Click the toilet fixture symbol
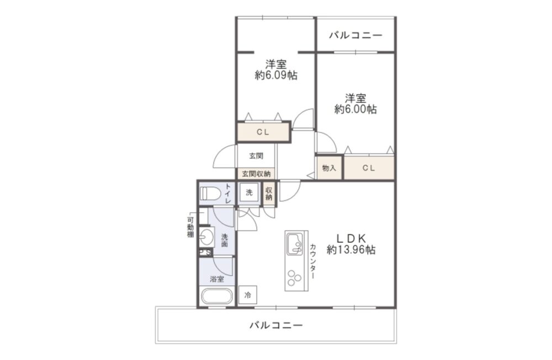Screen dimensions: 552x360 (210, 193)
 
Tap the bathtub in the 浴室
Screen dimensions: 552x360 (217, 297)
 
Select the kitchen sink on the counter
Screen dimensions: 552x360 (295, 243)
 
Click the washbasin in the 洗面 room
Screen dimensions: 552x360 (206, 236)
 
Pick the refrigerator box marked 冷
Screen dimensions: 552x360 (248, 294)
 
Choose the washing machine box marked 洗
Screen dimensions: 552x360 (250, 192)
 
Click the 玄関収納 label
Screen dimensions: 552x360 (256, 174)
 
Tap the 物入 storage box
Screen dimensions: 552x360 (329, 168)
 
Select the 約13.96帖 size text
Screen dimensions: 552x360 (351, 250)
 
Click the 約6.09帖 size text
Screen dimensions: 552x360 (276, 75)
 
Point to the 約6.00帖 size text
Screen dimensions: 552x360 (355, 109)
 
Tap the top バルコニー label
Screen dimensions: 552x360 (355, 35)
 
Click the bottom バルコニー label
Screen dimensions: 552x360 (276, 325)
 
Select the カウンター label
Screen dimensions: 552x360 (313, 261)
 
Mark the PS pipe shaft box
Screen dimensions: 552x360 (205, 252)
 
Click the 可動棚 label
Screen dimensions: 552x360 (190, 227)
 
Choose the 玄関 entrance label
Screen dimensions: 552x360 (256, 156)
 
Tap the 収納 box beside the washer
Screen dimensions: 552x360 (269, 193)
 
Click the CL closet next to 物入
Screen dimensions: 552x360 (369, 168)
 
